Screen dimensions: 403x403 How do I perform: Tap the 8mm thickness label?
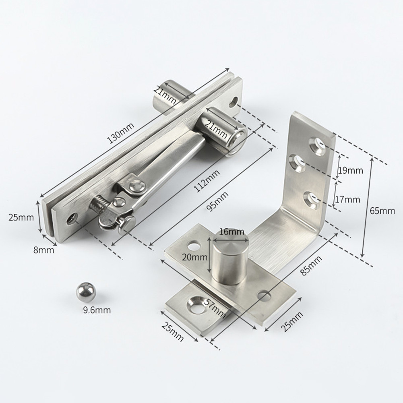coord(43,250)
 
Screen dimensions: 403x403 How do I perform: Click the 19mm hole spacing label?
coord(350,170)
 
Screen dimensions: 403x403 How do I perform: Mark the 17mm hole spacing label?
coord(347,199)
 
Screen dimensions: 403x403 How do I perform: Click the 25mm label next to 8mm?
coord(21,217)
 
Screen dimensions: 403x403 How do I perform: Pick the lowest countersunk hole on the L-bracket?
coord(312,198)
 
